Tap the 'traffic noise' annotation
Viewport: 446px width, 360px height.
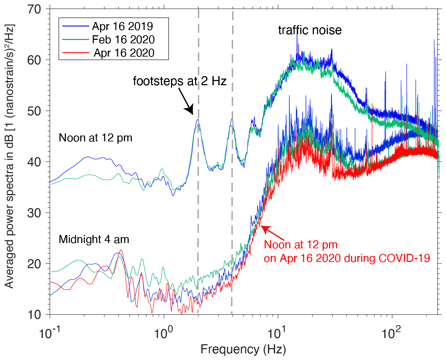(x=310, y=30)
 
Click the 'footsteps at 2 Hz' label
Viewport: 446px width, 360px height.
(x=180, y=81)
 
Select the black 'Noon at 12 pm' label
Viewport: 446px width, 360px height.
(x=96, y=138)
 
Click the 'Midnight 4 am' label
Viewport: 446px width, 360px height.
(x=94, y=240)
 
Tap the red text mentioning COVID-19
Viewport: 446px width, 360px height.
(x=347, y=258)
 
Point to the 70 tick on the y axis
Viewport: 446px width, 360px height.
(x=34, y=9)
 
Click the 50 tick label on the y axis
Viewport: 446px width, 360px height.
(x=34, y=111)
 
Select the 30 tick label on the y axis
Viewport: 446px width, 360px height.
(x=34, y=213)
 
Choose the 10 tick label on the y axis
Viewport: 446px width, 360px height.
(x=34, y=315)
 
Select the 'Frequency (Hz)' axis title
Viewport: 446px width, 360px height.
(x=243, y=350)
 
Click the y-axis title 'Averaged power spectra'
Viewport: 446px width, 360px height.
(x=9, y=156)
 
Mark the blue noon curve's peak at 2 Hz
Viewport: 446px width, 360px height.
(x=198, y=119)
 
